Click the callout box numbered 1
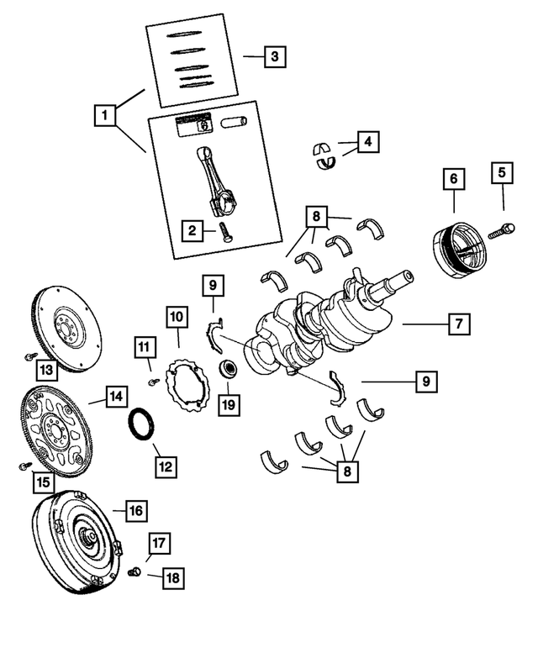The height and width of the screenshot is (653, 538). click(105, 113)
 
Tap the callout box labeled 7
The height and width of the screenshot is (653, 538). click(458, 323)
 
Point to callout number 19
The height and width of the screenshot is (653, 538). click(228, 405)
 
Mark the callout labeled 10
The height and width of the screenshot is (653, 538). click(177, 317)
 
